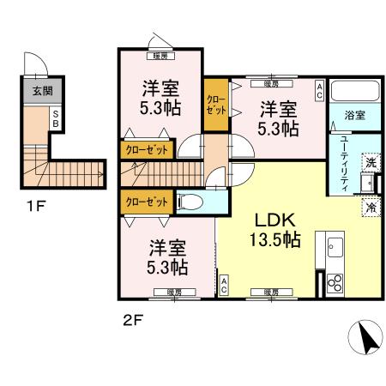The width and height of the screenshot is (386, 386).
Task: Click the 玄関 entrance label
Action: click(x=39, y=90)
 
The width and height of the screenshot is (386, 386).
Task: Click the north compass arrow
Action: click(x=366, y=339)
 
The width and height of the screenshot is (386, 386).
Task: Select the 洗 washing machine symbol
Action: click(x=371, y=160)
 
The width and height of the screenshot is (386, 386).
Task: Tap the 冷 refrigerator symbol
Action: click(x=371, y=207)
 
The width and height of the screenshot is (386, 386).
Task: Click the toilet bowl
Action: click(x=192, y=203)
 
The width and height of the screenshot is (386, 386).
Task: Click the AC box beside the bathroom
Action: click(x=319, y=89)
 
